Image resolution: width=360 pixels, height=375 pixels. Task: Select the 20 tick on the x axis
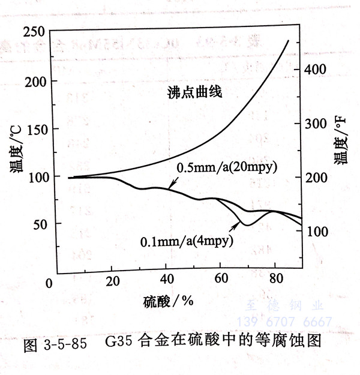[x=112, y=280]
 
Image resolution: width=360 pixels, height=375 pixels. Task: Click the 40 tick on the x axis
[x=166, y=280]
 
